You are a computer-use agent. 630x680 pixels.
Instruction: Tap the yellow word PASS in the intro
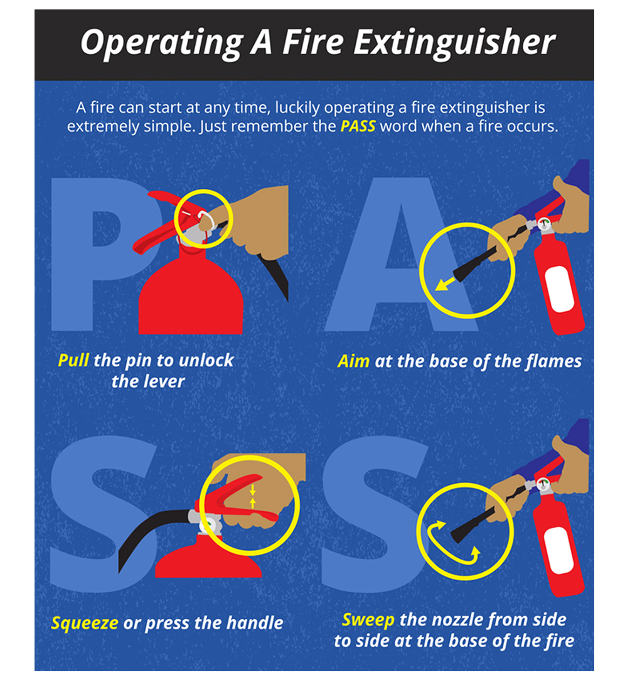pyautogui.click(x=358, y=126)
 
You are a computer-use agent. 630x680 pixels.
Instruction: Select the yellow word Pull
pyautogui.click(x=73, y=360)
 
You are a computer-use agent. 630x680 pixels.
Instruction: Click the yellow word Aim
pyautogui.click(x=353, y=361)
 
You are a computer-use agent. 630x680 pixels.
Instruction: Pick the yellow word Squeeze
pyautogui.click(x=85, y=623)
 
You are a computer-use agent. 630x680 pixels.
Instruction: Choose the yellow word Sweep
pyautogui.click(x=368, y=620)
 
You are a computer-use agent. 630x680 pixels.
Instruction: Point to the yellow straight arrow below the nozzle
pyautogui.click(x=445, y=284)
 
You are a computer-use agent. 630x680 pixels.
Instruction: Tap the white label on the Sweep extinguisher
pyautogui.click(x=559, y=550)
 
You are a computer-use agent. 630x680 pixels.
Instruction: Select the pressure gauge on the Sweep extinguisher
pyautogui.click(x=542, y=484)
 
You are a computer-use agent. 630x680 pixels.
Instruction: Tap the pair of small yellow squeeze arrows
pyautogui.click(x=253, y=496)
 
